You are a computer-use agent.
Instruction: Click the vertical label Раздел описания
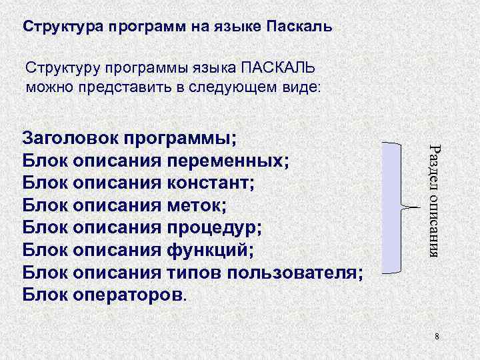tap(434, 200)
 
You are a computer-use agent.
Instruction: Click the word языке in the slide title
tap(238, 28)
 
